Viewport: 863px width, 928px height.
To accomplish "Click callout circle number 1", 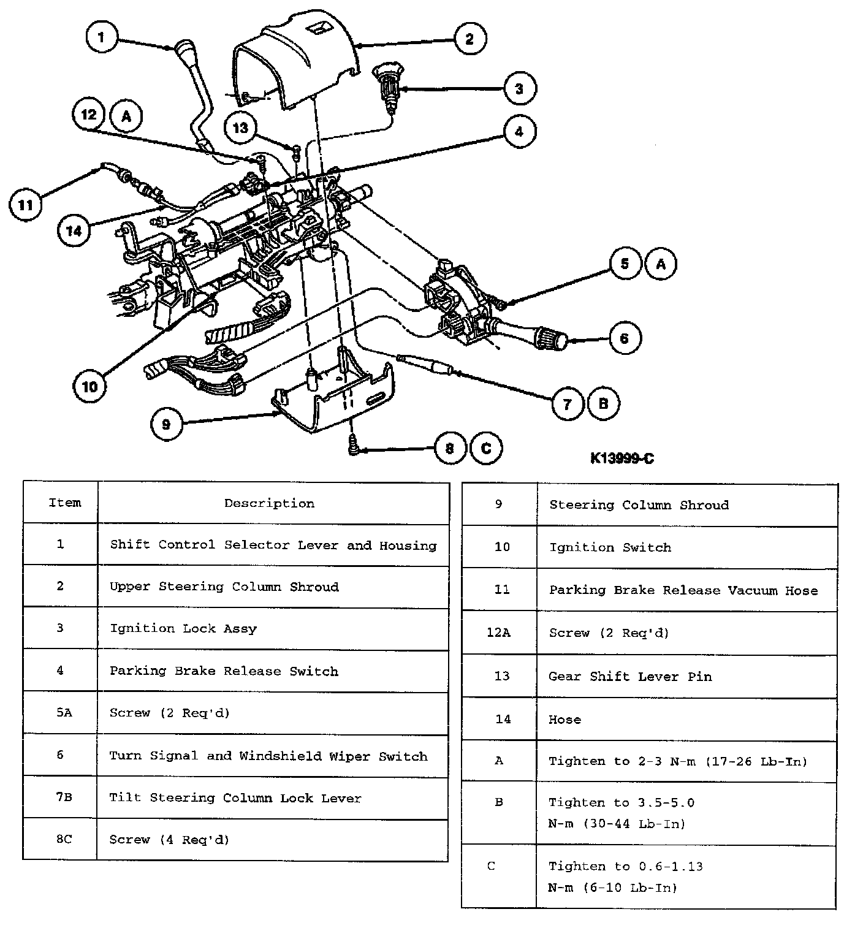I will (x=101, y=37).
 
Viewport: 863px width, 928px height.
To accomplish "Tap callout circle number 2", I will (x=470, y=39).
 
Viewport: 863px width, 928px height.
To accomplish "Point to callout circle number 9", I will (x=166, y=423).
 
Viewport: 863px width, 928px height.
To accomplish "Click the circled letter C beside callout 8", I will (x=486, y=448).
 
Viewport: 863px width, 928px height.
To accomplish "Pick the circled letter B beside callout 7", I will (x=603, y=403).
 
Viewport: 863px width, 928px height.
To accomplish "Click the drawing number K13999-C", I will (x=622, y=458).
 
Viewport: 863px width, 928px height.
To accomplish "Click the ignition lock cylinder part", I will (x=386, y=86).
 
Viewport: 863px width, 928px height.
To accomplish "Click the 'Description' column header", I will (x=269, y=503).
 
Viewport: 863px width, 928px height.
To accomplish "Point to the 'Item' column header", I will (x=64, y=503).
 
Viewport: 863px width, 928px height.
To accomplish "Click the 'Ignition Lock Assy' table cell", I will (x=183, y=628).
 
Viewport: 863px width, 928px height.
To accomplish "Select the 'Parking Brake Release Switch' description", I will (x=224, y=671).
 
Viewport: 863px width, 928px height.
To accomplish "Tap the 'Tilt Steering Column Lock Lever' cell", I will (x=235, y=798).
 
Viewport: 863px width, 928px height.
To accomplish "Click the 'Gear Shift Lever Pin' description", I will (x=630, y=677).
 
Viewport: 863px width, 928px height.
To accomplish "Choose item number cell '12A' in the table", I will (x=498, y=633).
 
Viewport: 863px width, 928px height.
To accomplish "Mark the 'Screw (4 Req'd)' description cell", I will (x=169, y=839).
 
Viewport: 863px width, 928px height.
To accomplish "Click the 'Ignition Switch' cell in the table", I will (x=610, y=547).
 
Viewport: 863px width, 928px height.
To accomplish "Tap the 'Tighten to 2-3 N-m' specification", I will (x=678, y=761).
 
